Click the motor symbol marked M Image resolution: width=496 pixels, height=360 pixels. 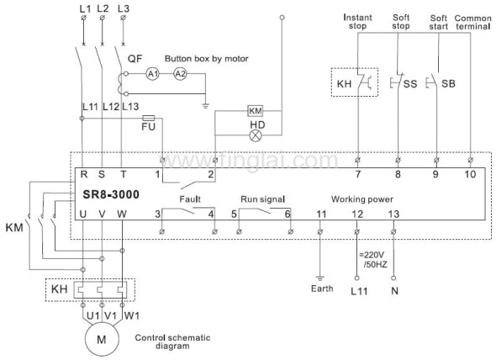(x=102, y=340)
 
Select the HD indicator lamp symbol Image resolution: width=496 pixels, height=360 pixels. (x=256, y=135)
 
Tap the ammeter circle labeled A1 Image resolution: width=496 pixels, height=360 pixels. (x=153, y=74)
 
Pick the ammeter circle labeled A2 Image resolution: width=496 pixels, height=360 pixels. (x=180, y=74)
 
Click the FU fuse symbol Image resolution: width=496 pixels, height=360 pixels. (x=148, y=119)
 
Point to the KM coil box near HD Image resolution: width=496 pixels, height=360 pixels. (x=256, y=111)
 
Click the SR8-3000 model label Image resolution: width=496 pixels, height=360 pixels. (x=111, y=194)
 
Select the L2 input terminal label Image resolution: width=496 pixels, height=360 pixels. (x=103, y=8)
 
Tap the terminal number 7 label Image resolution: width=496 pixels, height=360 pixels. (x=358, y=174)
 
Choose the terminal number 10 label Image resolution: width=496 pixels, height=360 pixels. (x=470, y=174)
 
